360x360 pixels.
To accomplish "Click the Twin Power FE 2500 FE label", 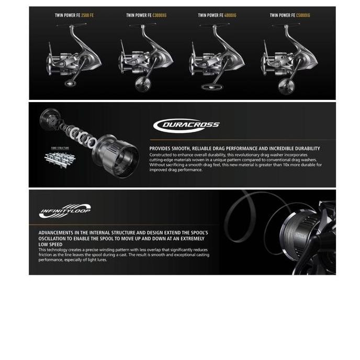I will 74,15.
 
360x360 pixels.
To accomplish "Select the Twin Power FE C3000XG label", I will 146,15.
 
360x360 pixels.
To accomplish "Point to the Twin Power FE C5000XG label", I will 289,15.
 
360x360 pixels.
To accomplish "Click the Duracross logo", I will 186,125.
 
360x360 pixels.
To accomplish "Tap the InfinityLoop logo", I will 65,211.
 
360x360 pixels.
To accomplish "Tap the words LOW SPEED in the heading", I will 50,244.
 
